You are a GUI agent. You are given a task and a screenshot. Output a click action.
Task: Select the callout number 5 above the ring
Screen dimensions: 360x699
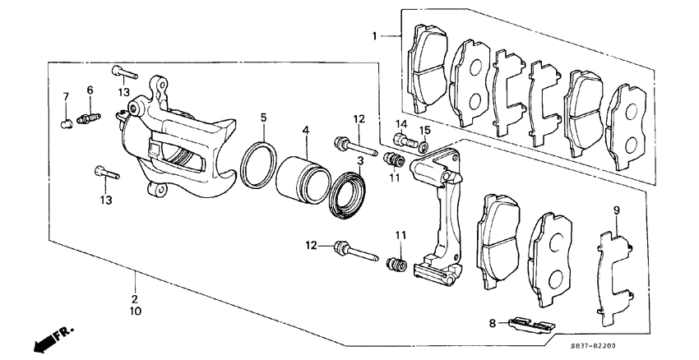[264, 118]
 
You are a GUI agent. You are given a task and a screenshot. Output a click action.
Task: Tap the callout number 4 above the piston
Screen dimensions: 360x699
[305, 130]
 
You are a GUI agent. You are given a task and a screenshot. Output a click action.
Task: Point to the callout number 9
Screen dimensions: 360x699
[615, 210]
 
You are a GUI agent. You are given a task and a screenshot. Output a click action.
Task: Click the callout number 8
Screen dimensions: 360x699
[493, 324]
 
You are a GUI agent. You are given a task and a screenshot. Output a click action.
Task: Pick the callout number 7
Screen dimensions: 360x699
[66, 97]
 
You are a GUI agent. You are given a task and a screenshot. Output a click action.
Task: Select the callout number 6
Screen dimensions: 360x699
[90, 90]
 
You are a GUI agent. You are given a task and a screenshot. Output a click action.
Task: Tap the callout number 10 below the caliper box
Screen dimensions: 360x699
[135, 312]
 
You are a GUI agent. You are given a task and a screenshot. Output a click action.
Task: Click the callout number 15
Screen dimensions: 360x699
[426, 130]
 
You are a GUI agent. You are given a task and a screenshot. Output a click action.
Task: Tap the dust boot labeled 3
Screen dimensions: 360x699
[347, 197]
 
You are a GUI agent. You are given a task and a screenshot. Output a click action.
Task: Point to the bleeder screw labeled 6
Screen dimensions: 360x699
[88, 118]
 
